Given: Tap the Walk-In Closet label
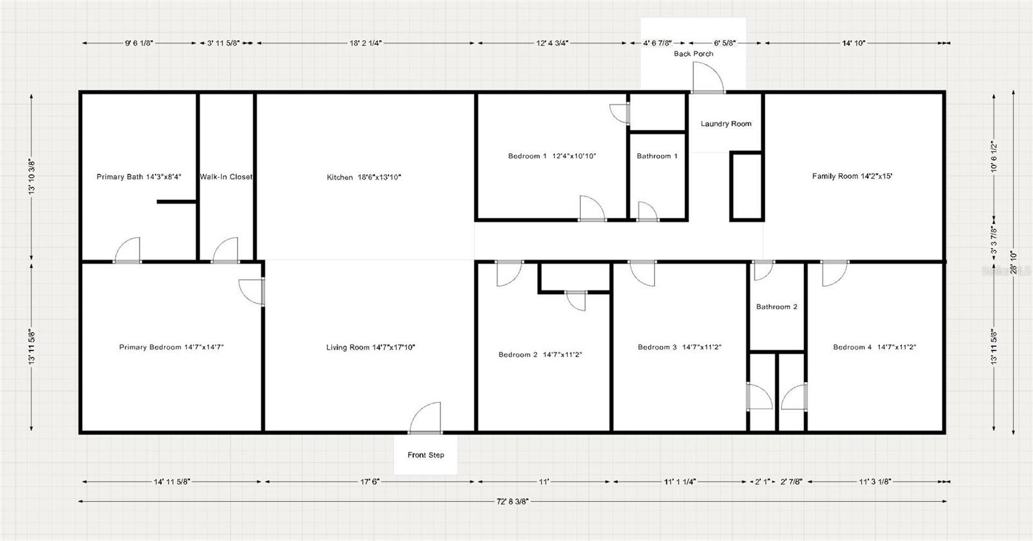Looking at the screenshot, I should click(x=226, y=176).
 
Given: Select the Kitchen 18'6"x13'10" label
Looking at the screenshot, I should click(x=364, y=176).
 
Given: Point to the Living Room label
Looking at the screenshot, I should click(x=370, y=347).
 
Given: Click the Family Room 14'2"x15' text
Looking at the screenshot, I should click(x=852, y=176).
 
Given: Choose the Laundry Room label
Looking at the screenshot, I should click(x=726, y=123).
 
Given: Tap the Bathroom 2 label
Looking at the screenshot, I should click(x=777, y=306).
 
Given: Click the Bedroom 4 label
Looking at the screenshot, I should click(x=874, y=347).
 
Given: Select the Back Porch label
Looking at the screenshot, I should click(x=693, y=54).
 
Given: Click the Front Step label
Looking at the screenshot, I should click(x=425, y=455).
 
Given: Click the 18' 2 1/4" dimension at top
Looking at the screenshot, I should click(x=365, y=43).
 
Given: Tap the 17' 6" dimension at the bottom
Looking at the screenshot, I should click(x=369, y=482).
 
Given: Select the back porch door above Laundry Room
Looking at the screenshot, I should click(x=708, y=79).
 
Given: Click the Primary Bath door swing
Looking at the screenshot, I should click(x=128, y=251).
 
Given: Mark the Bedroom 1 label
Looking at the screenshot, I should click(x=551, y=156).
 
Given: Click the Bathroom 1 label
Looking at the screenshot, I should click(x=657, y=156).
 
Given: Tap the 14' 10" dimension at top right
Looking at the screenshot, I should click(x=854, y=43).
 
